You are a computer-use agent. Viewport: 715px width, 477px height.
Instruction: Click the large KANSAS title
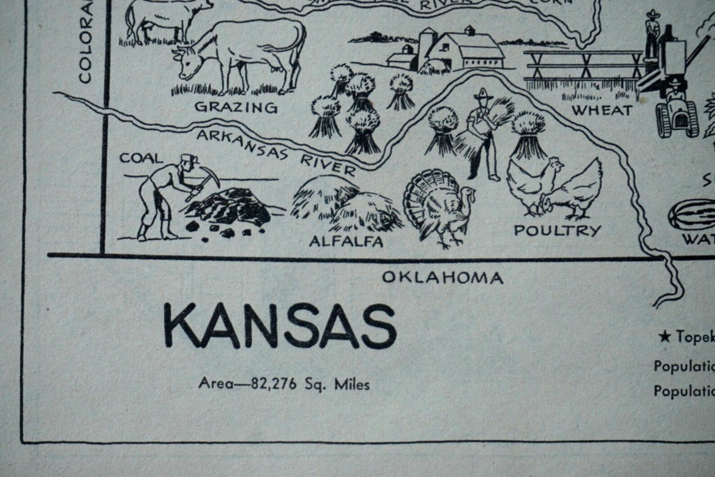pyautogui.click(x=279, y=325)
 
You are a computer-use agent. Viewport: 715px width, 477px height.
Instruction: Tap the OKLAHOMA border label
pyautogui.click(x=442, y=277)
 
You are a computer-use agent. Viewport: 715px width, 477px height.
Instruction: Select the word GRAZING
pyautogui.click(x=235, y=107)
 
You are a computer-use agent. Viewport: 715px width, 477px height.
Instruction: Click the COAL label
pyautogui.click(x=141, y=158)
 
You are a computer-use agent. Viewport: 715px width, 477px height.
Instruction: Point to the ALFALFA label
pyautogui.click(x=346, y=241)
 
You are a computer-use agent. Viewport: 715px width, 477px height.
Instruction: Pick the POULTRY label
pyautogui.click(x=557, y=231)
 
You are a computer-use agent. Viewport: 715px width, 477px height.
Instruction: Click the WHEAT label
pyautogui.click(x=602, y=110)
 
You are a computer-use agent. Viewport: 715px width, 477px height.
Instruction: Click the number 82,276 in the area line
pyautogui.click(x=274, y=384)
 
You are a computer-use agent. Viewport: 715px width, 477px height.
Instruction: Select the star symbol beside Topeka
pyautogui.click(x=664, y=336)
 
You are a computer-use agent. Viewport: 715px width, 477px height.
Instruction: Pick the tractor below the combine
pyautogui.click(x=677, y=115)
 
